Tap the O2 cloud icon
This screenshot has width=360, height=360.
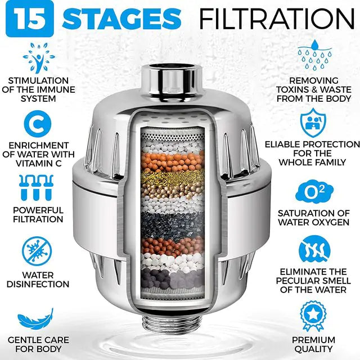(x=314, y=190)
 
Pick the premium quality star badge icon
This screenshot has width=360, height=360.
(x=314, y=317)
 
